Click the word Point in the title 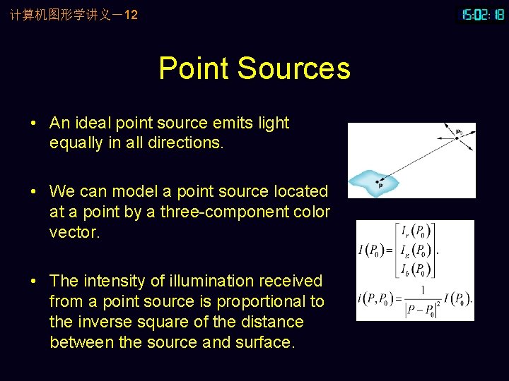(x=194, y=69)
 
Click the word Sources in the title (x=294, y=69)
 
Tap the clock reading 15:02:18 (x=483, y=14)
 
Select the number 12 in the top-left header (x=131, y=14)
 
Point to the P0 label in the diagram (x=460, y=131)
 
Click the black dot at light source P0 (x=456, y=138)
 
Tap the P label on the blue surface (x=380, y=186)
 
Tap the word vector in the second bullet (x=74, y=232)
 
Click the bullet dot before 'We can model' (x=34, y=192)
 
